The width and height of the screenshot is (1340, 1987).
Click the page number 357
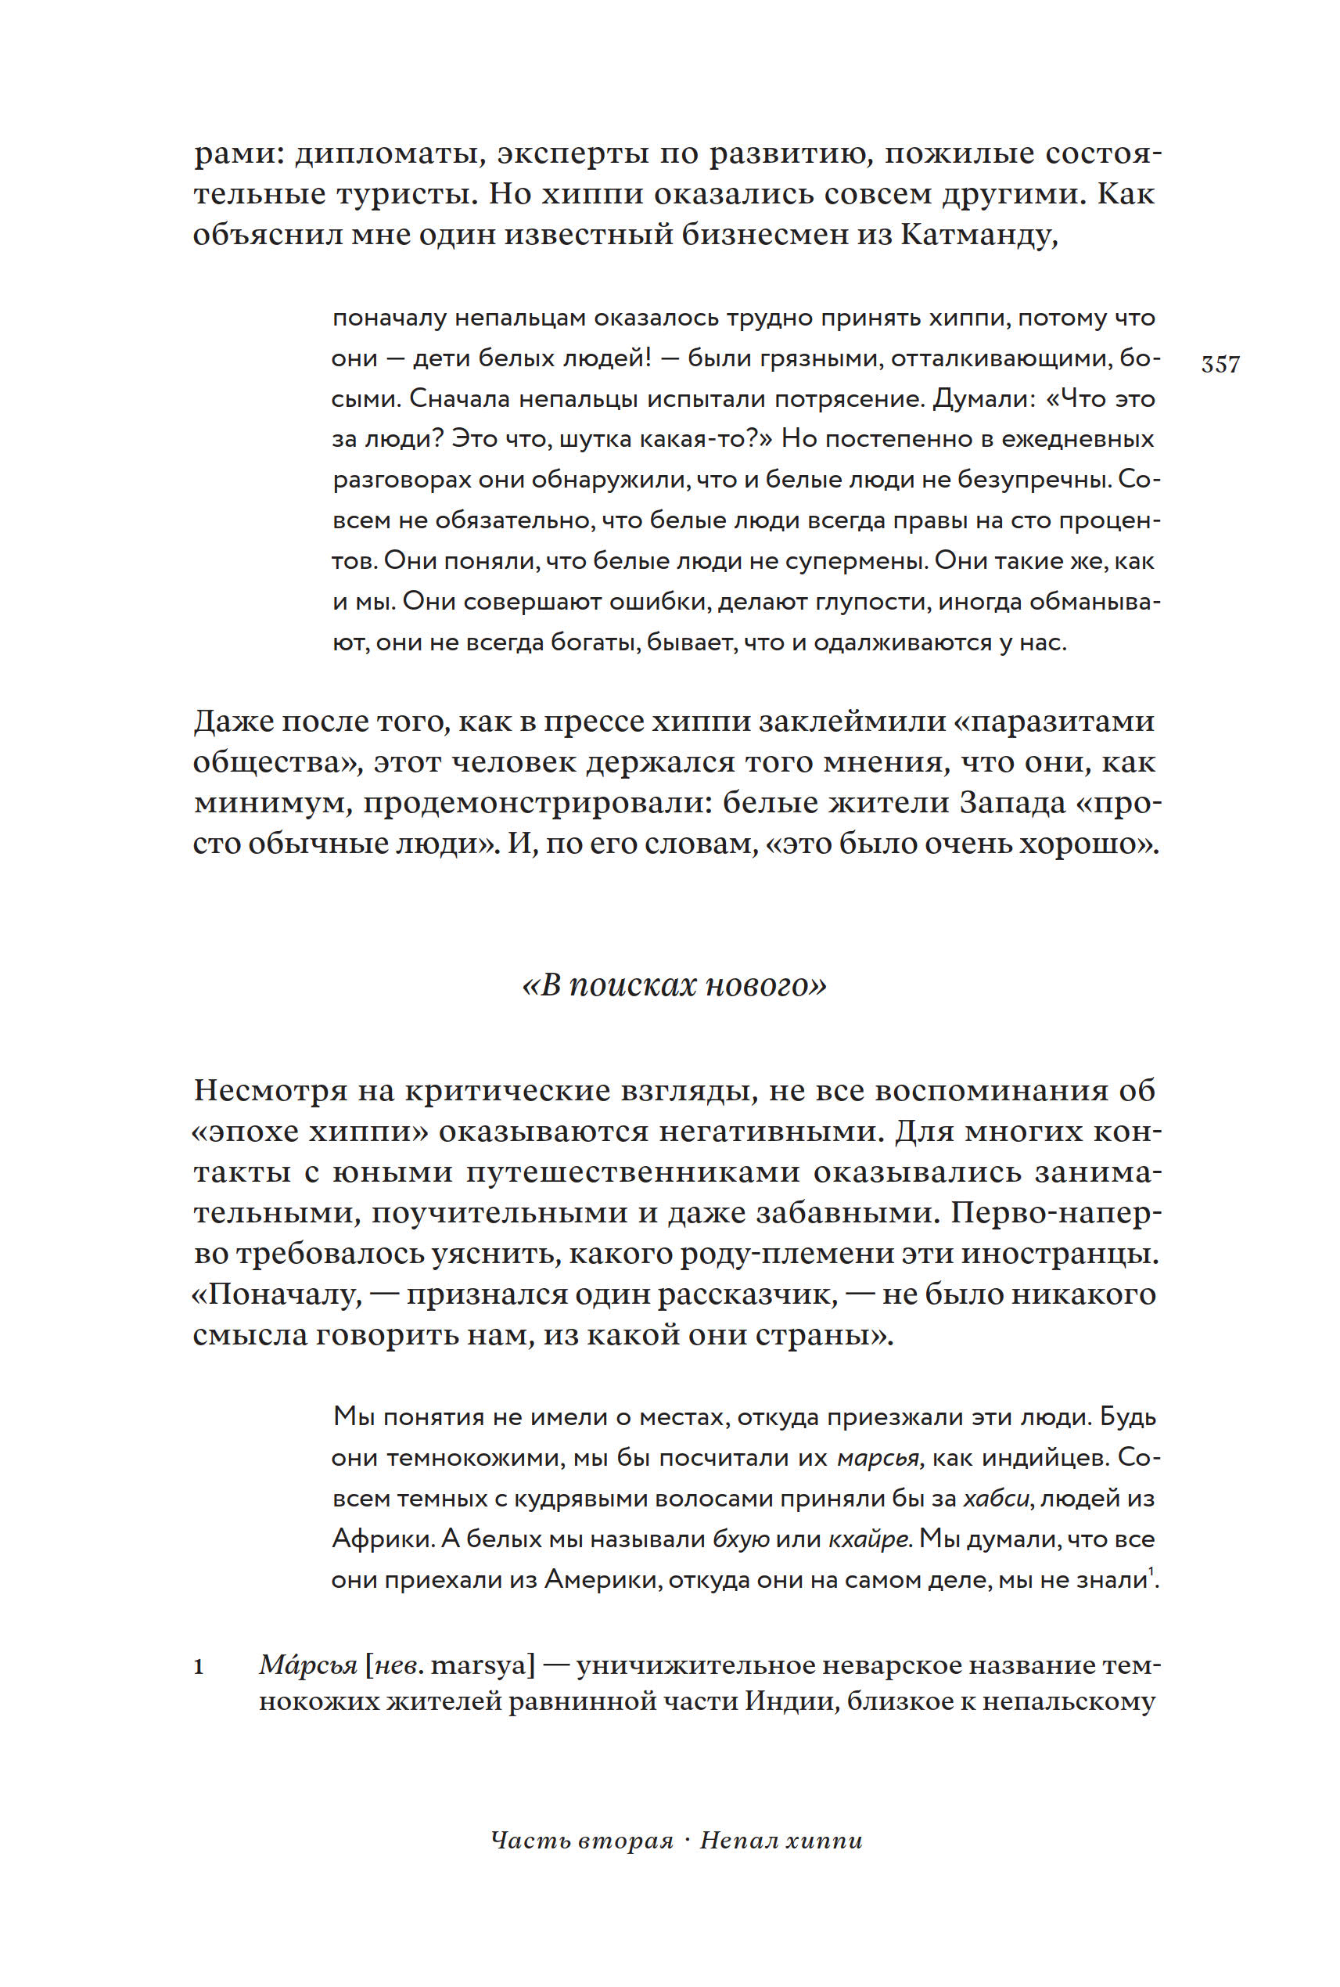point(1220,364)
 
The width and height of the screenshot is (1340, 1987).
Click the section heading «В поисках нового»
point(674,985)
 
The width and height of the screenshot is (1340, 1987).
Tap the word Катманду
point(979,234)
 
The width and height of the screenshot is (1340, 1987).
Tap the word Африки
point(385,1539)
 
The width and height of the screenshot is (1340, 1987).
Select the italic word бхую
point(741,1539)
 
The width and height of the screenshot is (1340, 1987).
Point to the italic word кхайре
point(870,1539)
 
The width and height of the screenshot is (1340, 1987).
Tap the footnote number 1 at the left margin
point(199,1665)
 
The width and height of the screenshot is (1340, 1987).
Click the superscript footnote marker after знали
point(1150,1571)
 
